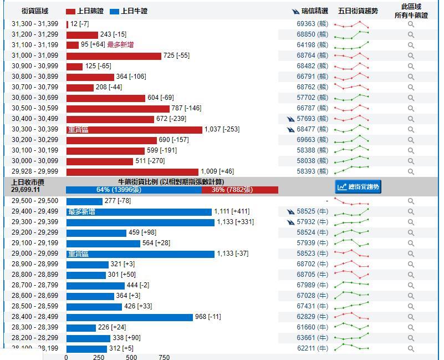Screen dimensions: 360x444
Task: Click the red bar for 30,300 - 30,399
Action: [x=134, y=129]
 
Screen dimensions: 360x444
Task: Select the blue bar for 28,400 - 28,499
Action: [x=129, y=317]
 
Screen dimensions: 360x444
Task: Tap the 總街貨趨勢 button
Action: [x=359, y=187]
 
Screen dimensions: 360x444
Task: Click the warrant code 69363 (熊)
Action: [x=312, y=24]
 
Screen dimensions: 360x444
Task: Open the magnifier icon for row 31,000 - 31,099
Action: [x=411, y=55]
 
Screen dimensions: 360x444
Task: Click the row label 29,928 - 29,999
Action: [x=35, y=171]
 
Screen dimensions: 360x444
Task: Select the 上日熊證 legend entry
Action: [x=85, y=11]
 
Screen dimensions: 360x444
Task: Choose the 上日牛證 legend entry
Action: [x=129, y=11]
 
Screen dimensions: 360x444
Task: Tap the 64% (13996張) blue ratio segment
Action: [x=134, y=190]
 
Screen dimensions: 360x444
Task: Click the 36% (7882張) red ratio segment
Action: [x=239, y=190]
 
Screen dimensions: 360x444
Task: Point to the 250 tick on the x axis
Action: [x=99, y=357]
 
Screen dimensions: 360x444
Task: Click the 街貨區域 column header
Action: [x=35, y=11]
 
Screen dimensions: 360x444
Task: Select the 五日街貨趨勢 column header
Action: [x=358, y=11]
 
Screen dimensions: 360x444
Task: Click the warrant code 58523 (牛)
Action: [x=312, y=253]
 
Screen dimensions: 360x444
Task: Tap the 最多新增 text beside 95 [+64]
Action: [x=120, y=45]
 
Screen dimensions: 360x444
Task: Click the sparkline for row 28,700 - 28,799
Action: [x=351, y=285]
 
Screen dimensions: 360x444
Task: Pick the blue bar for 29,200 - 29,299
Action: [x=96, y=233]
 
